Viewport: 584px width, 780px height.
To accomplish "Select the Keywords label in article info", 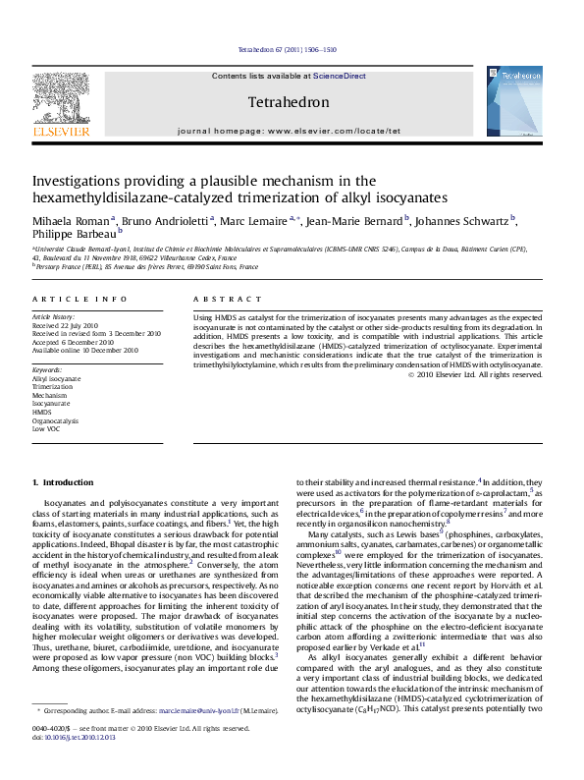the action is (x=47, y=368).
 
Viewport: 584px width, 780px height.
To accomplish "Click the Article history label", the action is (x=53, y=316).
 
